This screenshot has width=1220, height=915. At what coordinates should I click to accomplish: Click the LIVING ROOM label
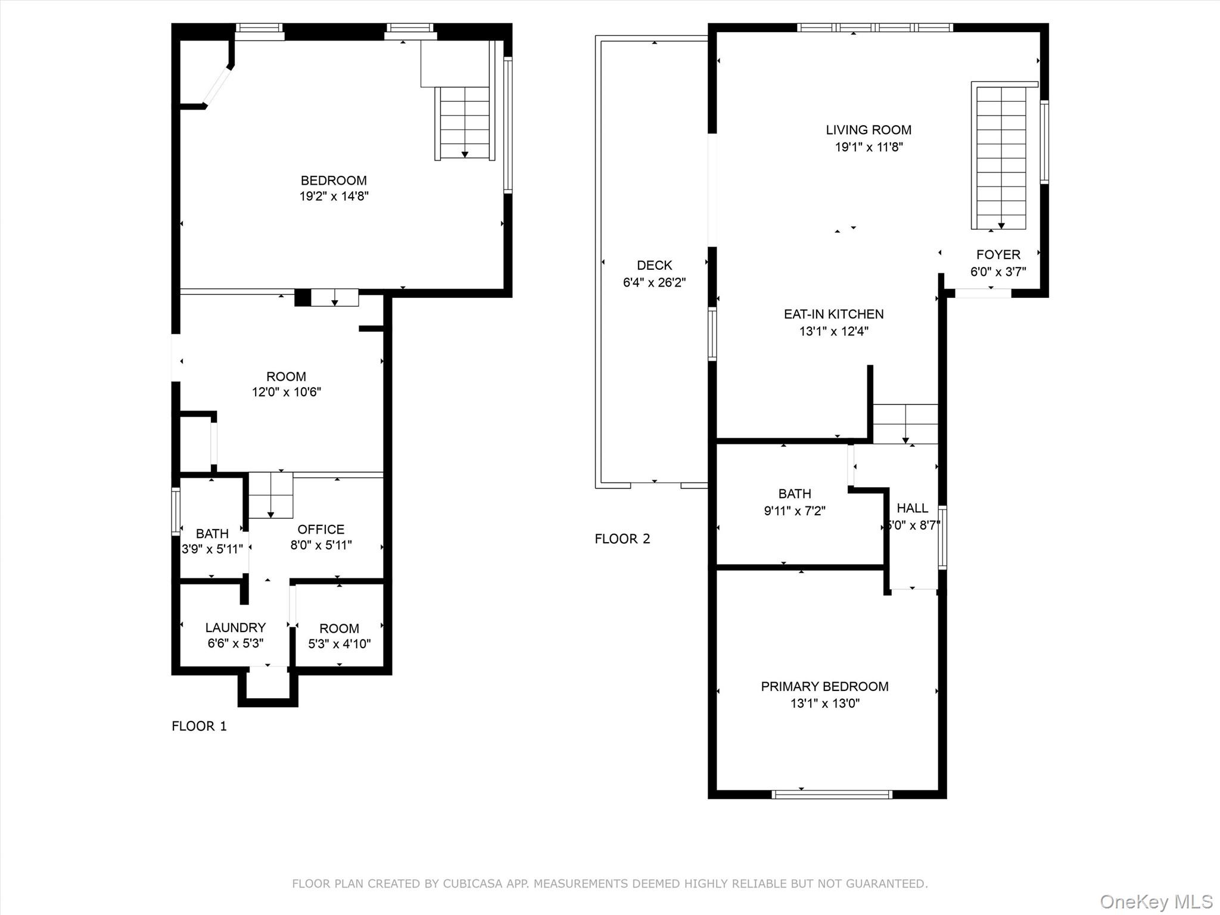tap(868, 130)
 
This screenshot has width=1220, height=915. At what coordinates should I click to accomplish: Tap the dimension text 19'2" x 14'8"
tap(334, 196)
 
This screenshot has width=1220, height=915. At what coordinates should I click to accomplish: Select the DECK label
tap(654, 265)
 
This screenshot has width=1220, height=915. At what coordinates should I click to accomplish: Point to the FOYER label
tap(998, 254)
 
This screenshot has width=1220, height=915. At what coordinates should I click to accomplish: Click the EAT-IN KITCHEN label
tap(833, 314)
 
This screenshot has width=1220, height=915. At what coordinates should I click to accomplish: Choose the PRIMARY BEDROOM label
tap(824, 686)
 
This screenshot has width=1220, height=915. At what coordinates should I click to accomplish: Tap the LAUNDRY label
tap(235, 627)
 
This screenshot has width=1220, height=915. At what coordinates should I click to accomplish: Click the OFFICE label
tap(320, 529)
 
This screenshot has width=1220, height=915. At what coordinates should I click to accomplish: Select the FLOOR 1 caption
tap(199, 726)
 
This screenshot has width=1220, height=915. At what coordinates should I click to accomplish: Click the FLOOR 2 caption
tap(622, 539)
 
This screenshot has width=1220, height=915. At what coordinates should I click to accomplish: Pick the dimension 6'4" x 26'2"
tap(654, 282)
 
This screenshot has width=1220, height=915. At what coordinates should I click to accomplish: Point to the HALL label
tap(912, 508)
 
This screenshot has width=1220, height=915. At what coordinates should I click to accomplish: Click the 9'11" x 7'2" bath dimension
tap(795, 511)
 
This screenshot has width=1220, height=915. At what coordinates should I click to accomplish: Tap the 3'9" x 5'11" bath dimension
tap(212, 549)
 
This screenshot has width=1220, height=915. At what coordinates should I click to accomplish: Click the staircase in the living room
tap(1001, 156)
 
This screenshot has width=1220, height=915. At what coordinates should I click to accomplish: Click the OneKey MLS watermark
tap(1156, 901)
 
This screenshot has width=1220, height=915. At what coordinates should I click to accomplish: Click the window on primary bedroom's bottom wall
tap(832, 794)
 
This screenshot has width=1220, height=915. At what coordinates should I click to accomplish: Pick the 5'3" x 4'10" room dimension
tap(339, 644)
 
